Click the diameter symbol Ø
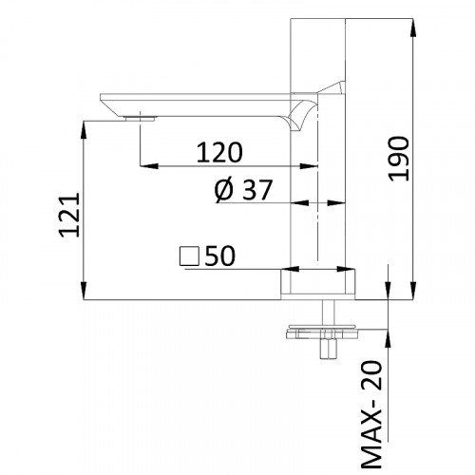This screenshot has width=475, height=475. coord(221,191)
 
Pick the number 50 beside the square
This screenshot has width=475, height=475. coord(217,256)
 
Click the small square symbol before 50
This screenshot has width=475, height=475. coord(187,256)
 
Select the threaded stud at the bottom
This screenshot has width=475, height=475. coord(329,348)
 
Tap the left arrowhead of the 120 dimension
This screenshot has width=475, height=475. coord(147,168)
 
